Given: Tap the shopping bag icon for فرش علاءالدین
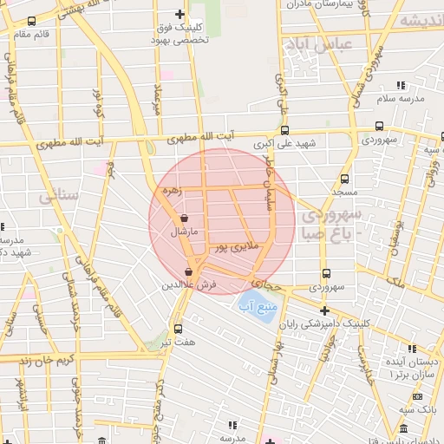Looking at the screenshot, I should pyautogui.click(x=188, y=272).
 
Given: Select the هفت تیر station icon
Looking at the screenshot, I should pyautogui.click(x=178, y=329).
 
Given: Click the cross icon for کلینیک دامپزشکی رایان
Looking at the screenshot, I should pyautogui.click(x=324, y=310).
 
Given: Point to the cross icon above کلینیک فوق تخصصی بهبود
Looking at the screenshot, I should pyautogui.click(x=180, y=14).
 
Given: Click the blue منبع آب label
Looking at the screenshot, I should pyautogui.click(x=257, y=305).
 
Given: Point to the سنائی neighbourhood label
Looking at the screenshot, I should pyautogui.click(x=57, y=196).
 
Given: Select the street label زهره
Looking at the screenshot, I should pyautogui.click(x=171, y=190).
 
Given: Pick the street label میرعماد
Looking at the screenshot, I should pyautogui.click(x=158, y=99).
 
